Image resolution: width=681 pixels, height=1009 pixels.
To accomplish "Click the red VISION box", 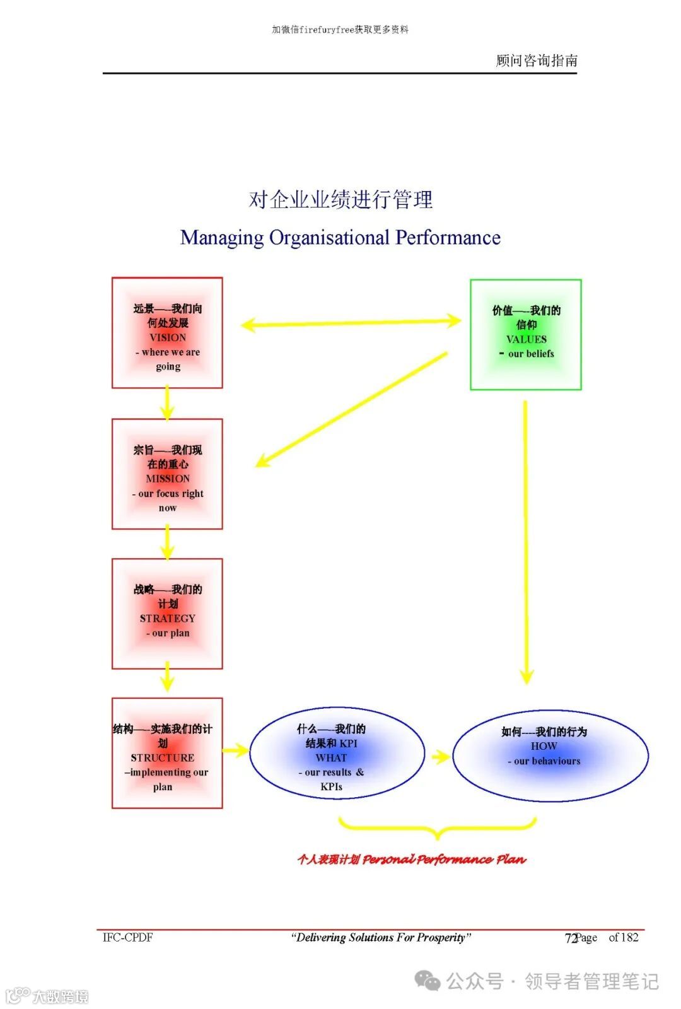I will [167, 333].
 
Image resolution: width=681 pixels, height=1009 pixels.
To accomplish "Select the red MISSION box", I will [167, 474].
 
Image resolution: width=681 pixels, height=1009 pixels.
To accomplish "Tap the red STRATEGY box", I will [167, 614].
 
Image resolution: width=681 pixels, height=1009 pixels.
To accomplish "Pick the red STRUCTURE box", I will [167, 753].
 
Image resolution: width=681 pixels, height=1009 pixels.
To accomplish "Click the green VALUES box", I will [526, 335].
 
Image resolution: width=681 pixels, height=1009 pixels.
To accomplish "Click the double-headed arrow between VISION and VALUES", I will [351, 323].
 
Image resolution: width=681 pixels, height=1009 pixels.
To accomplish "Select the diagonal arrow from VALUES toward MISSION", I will [351, 410].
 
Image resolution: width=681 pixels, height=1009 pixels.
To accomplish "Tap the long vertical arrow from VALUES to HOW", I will [526, 542].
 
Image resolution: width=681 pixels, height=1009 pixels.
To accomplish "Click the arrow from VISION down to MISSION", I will [167, 403].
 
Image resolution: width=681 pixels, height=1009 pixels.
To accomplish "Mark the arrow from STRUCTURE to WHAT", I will [236, 750].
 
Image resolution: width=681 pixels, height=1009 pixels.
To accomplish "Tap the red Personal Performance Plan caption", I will [411, 859].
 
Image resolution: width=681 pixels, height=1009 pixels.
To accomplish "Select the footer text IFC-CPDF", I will [128, 937].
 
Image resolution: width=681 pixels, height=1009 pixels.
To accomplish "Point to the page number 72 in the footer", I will [571, 938].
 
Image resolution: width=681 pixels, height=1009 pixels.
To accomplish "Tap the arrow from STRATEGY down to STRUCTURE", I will [167, 676].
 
